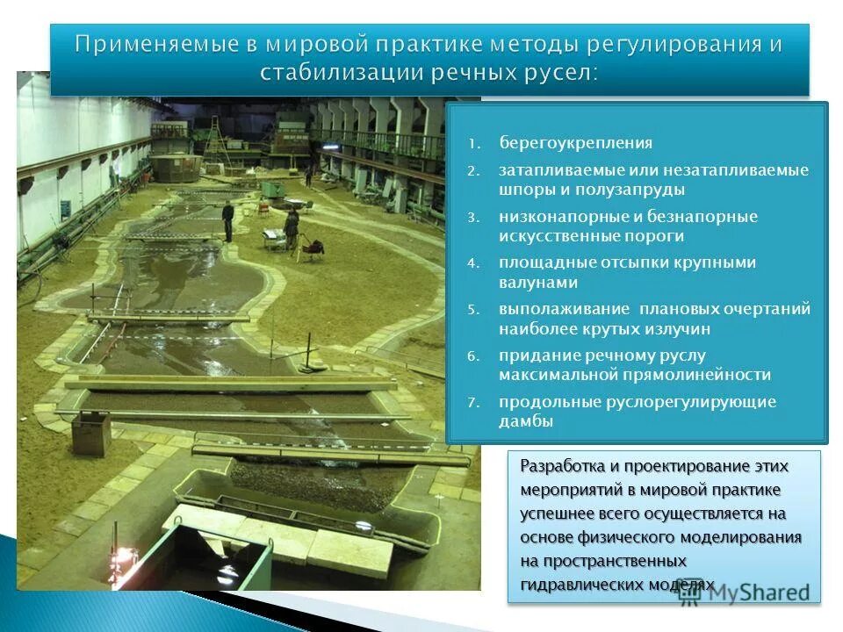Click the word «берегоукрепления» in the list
click(576, 142)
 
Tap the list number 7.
click(472, 403)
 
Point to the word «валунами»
click(538, 283)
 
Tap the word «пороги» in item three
click(654, 236)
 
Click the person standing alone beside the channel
click(227, 221)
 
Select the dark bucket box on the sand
click(90, 432)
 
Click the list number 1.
click(472, 143)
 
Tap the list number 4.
click(472, 263)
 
